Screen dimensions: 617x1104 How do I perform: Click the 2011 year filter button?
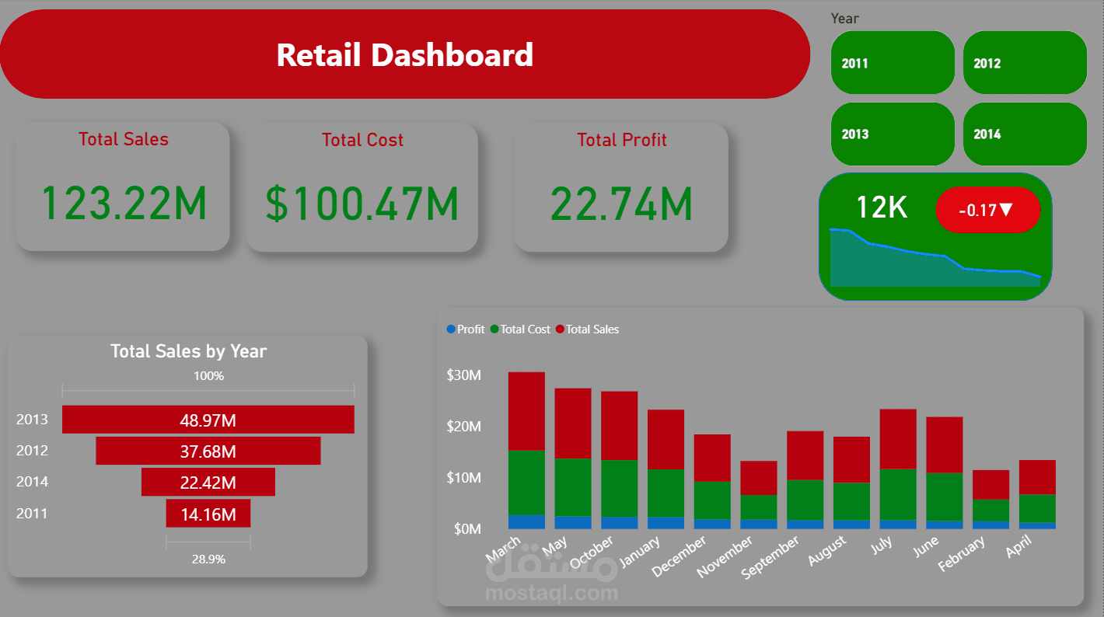coord(892,63)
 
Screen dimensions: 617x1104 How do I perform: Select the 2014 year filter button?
coord(1024,134)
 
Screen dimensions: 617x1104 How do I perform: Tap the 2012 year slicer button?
coord(1024,63)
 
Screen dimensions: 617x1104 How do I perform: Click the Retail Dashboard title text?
coord(404,55)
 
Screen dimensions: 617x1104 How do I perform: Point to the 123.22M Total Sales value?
coord(124,203)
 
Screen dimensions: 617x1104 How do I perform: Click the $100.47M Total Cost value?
coord(362,203)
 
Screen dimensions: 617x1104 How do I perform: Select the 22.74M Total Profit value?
coord(621,203)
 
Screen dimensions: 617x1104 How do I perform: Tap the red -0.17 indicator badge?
coord(987,210)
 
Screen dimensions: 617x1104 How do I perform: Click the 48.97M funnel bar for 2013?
coord(208,420)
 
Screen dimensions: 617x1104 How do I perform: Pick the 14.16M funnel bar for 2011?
coord(208,514)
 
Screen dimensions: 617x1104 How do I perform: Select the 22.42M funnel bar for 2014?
coord(208,483)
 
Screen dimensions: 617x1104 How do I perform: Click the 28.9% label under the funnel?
coord(208,559)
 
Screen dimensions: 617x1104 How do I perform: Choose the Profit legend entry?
coord(466,329)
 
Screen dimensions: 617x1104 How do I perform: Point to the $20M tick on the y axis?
coord(463,427)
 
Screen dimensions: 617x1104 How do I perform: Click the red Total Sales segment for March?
coord(526,411)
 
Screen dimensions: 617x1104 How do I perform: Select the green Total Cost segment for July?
coord(898,494)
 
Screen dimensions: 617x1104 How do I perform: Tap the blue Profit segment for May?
coord(573,522)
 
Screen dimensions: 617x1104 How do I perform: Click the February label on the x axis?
coord(963,553)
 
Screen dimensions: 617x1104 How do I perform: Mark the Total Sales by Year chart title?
coord(188,351)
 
